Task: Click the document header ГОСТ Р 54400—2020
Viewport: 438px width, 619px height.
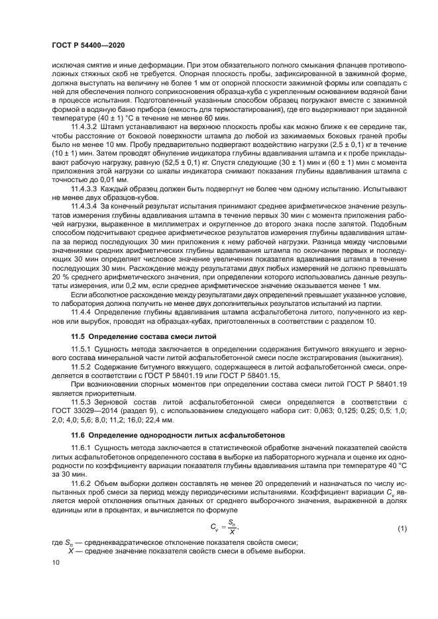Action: click(87, 44)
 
